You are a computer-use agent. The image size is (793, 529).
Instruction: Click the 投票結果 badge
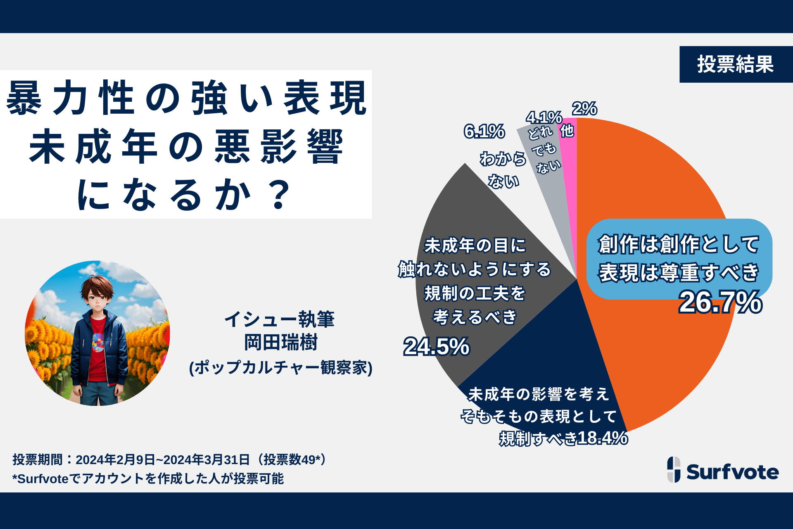(736, 64)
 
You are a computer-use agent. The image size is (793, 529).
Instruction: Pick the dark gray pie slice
(475, 215)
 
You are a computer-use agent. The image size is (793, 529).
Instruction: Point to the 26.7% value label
(720, 302)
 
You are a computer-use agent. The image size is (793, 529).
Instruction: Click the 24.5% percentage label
(437, 346)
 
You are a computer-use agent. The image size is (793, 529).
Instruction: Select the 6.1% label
(484, 131)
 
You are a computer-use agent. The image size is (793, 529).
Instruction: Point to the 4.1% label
(544, 117)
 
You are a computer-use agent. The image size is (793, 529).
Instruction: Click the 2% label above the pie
(584, 109)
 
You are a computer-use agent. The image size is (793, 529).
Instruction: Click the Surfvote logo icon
(674, 469)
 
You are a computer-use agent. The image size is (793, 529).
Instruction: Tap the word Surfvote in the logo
(732, 472)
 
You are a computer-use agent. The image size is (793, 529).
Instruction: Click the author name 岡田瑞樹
(281, 343)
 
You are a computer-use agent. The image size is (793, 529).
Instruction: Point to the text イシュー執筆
(279, 319)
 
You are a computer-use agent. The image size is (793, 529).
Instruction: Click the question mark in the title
(279, 194)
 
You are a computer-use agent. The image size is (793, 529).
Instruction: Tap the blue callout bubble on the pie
(679, 258)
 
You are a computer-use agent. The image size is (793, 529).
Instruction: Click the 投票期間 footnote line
(169, 459)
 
